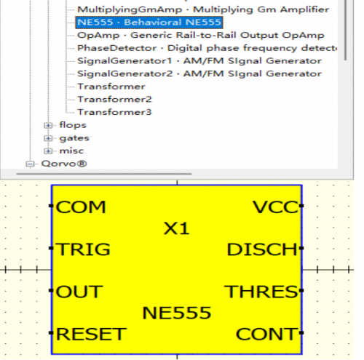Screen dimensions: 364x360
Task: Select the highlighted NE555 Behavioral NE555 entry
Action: (149, 23)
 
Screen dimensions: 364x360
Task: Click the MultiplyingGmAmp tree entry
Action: (203, 9)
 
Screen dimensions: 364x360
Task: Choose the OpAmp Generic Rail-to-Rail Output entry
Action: (201, 35)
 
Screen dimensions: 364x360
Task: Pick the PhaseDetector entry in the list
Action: (207, 48)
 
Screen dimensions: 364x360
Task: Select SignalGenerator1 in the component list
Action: (199, 61)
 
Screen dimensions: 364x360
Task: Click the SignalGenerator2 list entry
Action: (199, 73)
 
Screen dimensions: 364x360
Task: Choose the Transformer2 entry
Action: (114, 100)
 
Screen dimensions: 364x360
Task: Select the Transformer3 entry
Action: (114, 112)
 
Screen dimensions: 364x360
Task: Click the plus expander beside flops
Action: (48, 125)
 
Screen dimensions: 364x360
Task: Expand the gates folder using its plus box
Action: (48, 138)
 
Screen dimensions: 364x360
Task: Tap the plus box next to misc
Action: (48, 151)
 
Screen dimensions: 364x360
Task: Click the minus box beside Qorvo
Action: (30, 164)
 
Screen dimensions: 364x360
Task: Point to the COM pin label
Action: (81, 207)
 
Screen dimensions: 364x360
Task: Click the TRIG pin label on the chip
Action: (83, 249)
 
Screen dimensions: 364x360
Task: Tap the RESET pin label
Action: (91, 334)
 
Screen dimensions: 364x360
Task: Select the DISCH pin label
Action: (262, 249)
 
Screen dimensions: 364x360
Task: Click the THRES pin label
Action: (261, 292)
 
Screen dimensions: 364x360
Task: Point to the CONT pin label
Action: (266, 334)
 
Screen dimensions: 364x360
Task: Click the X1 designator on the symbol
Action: (176, 228)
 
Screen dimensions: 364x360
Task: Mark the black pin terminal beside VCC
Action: (301, 206)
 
